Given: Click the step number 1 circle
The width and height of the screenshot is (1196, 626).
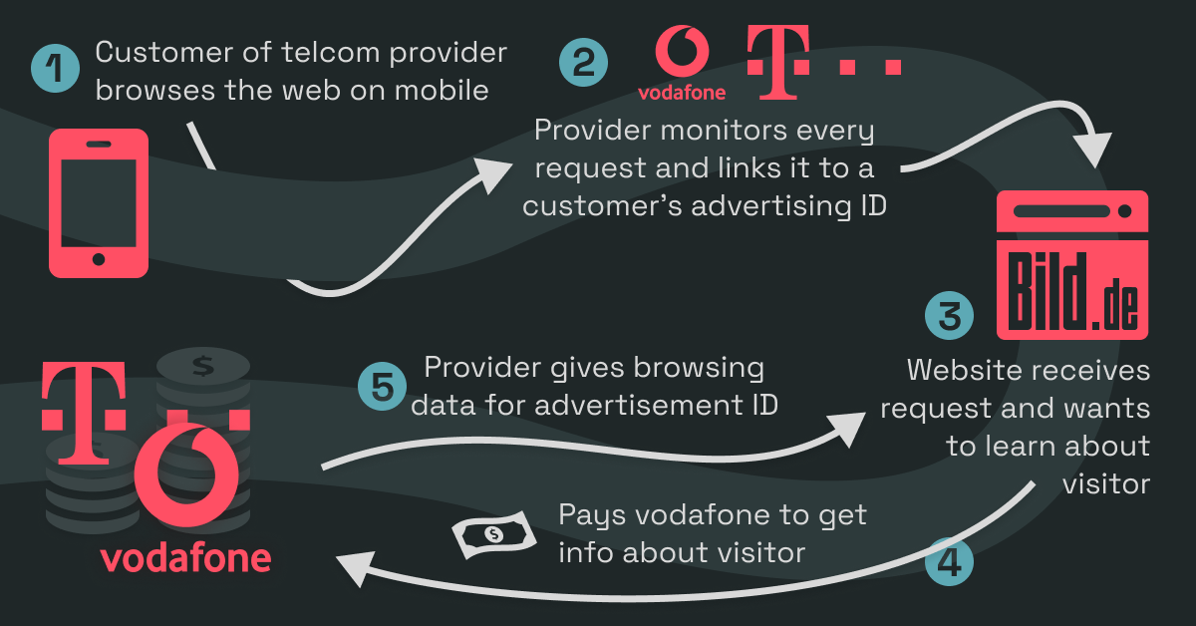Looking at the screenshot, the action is pos(55,69).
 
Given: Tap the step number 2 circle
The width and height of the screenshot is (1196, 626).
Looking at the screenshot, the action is pos(583,63).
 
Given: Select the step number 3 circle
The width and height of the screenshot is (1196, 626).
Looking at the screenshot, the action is pos(949,316).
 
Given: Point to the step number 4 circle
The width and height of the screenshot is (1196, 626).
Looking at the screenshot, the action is pos(949,562).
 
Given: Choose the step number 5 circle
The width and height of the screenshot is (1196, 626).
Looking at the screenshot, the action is pos(382,387).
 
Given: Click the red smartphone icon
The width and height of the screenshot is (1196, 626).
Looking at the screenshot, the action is pos(99,203).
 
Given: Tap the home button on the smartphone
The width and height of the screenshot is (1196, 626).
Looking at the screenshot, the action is pos(99,259).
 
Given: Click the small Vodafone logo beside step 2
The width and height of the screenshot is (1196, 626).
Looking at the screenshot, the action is pos(682,63).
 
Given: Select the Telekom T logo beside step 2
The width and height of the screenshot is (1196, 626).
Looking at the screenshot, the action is pos(824,62).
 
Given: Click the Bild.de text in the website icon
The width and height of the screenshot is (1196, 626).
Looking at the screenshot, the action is pos(1072,292).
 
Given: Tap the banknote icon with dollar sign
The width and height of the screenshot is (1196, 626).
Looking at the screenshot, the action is pos(494,534).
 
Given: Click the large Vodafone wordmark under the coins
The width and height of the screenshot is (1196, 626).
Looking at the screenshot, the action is pos(185,558).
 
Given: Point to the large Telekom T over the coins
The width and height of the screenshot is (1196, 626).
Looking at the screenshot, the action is pos(85,413).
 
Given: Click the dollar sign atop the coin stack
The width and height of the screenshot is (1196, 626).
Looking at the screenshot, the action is pos(203,367).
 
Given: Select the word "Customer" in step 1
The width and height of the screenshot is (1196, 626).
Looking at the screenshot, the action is pos(164,53).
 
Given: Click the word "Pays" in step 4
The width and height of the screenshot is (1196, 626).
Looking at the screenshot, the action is pos(592,515).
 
